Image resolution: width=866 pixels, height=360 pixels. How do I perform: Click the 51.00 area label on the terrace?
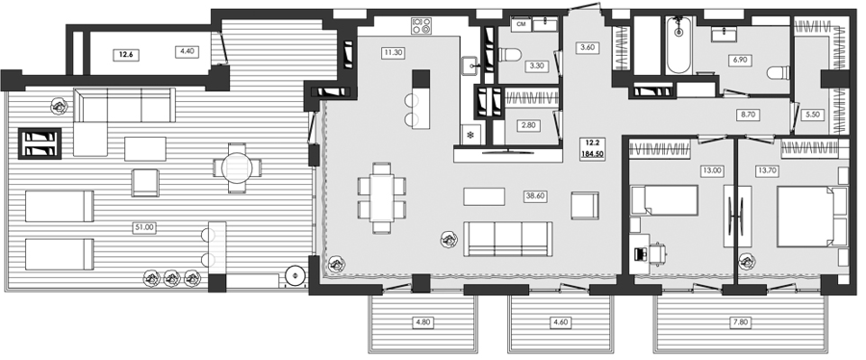pos(143,227)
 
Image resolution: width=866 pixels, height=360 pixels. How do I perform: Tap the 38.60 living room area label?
pos(535,195)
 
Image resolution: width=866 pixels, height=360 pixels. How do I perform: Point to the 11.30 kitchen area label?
pos(392,53)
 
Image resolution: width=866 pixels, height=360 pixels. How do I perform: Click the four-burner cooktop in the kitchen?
pos(421,25)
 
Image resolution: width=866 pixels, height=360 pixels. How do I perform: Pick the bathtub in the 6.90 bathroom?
pos(679,45)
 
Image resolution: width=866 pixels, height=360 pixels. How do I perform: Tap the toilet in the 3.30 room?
pos(511,54)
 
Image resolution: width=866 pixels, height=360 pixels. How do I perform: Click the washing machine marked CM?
pos(521,24)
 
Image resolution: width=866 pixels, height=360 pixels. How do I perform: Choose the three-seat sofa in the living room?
pos(507,239)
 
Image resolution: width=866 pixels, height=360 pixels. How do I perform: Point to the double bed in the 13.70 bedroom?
pos(811,216)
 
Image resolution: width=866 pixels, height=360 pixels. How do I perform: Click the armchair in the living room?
pos(585,206)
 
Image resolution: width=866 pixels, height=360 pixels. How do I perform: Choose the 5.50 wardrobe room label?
pos(812,116)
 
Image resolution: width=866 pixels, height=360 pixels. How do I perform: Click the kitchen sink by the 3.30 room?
pos(470,66)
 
